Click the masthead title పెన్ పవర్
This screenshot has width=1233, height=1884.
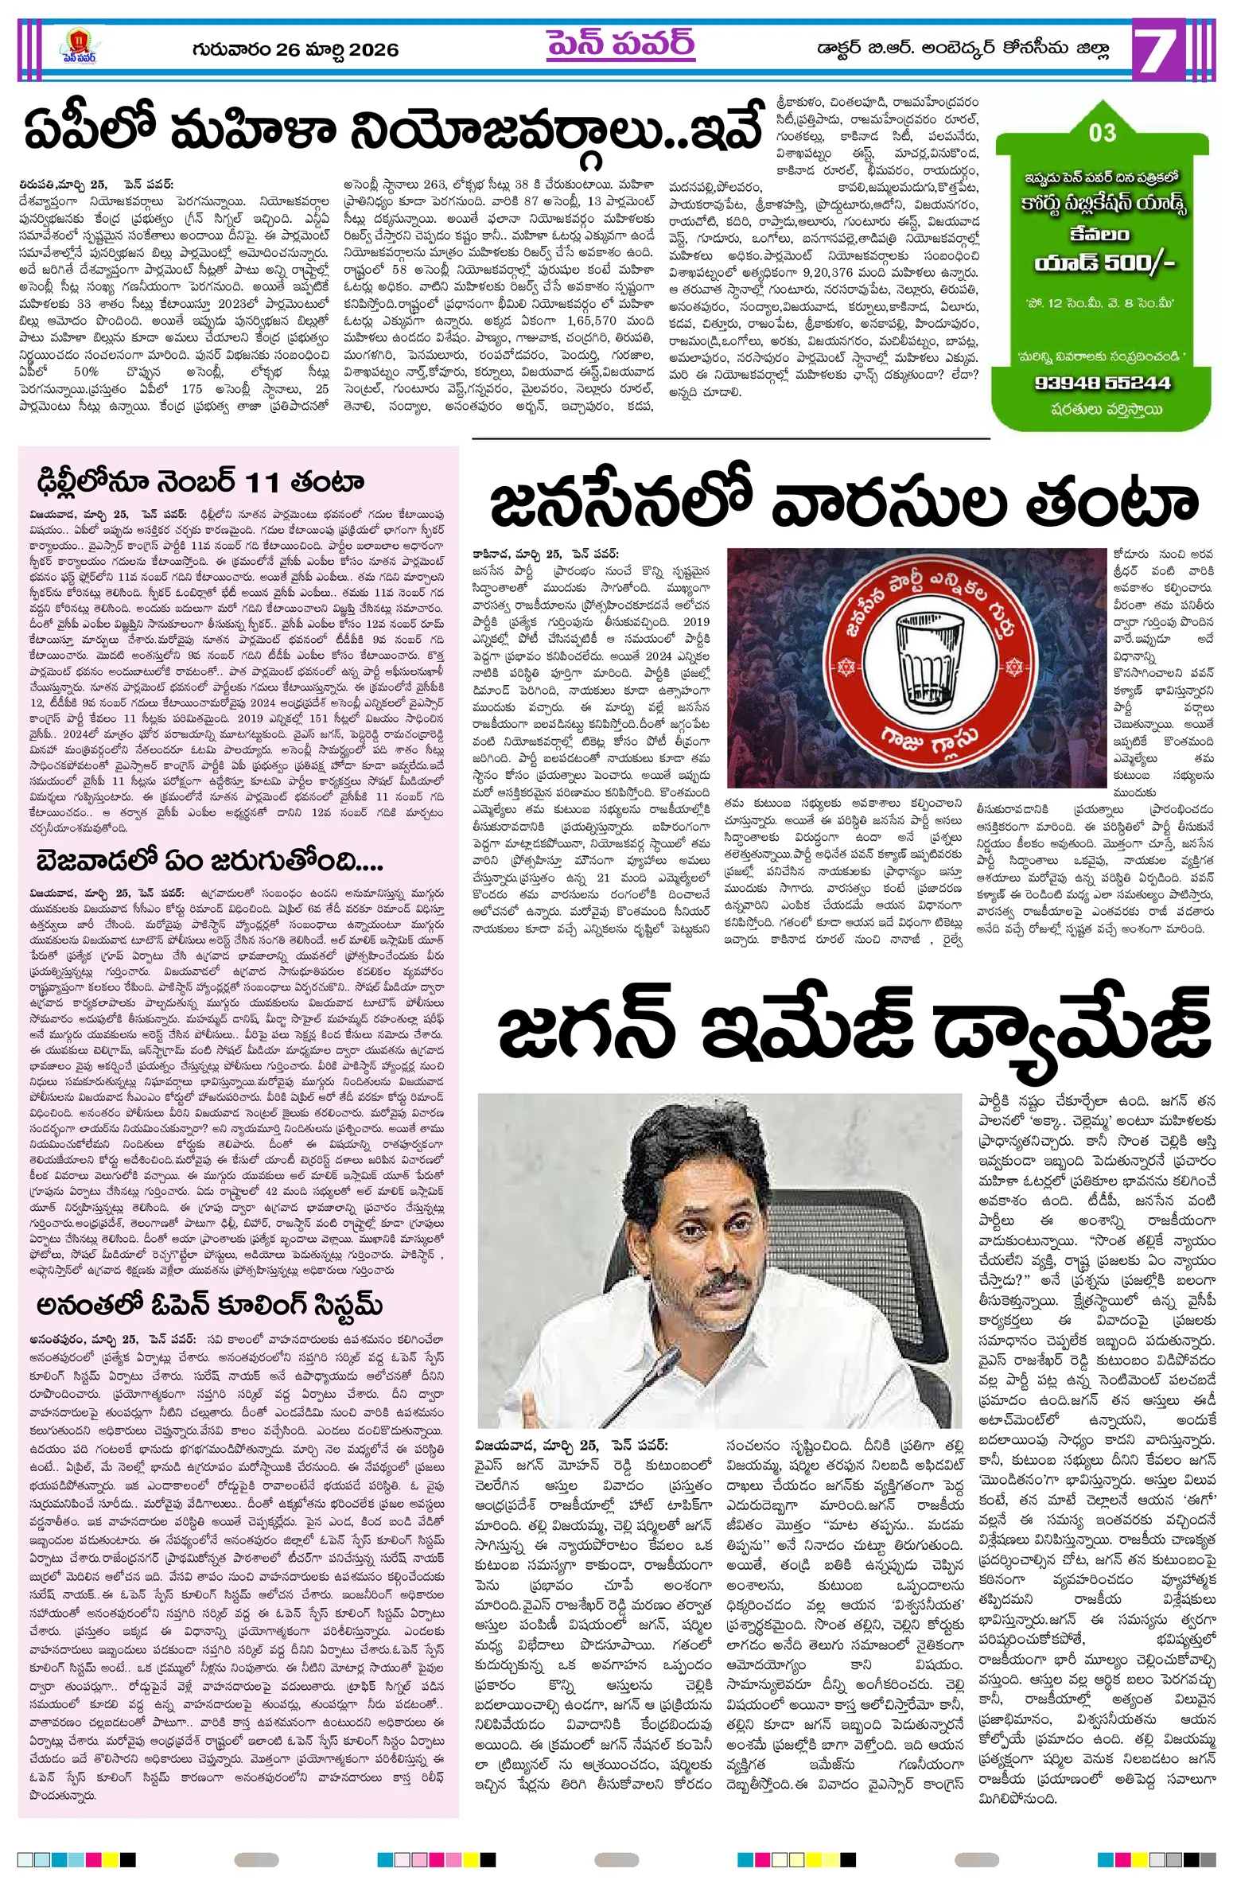point(620,45)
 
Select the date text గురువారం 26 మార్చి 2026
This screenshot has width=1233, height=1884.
point(295,50)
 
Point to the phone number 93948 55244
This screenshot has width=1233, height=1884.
point(1103,383)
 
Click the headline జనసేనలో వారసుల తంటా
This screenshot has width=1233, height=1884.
point(843,502)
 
